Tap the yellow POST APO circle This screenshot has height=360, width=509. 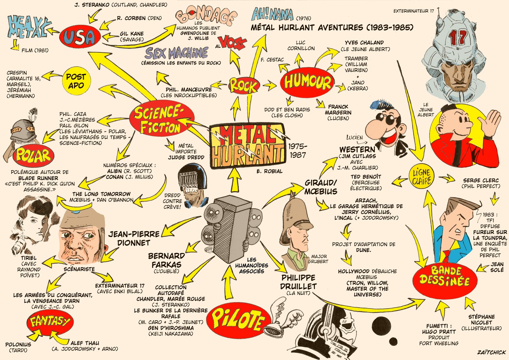[76, 81]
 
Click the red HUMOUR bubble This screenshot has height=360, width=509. [307, 81]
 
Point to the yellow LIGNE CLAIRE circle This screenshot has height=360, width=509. [422, 177]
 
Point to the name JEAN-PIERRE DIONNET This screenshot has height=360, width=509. [134, 238]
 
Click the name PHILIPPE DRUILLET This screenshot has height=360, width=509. [298, 282]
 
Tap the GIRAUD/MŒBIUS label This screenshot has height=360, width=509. [321, 187]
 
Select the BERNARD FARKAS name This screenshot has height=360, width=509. [166, 260]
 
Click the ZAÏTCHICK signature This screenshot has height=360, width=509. [491, 352]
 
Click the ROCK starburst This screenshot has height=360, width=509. [244, 85]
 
